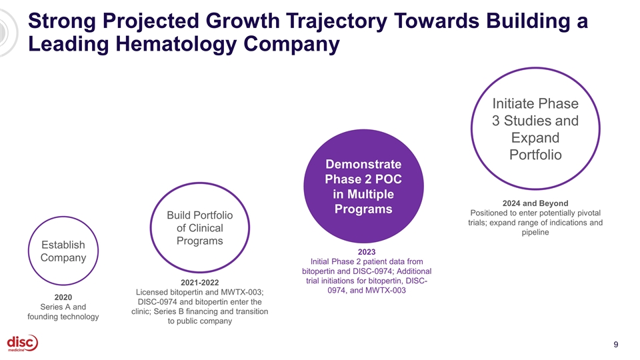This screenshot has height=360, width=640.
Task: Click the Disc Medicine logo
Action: pos(23,343)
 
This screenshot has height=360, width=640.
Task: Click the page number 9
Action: pos(615,345)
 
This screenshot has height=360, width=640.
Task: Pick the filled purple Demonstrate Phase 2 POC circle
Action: pos(363,186)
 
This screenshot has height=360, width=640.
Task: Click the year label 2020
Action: pos(63,297)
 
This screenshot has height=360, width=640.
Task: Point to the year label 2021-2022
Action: pos(199,283)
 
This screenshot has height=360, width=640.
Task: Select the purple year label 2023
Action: pos(367,252)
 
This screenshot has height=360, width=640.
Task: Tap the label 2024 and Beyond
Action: pos(535,203)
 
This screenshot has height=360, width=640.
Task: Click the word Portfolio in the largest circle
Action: pos(535,155)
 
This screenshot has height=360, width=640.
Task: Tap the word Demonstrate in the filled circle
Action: pos(363,164)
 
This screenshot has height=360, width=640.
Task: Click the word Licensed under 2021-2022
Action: pos(151,292)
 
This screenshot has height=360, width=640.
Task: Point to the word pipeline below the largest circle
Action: pos(535,233)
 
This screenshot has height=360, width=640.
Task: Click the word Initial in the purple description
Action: pos(319,261)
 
